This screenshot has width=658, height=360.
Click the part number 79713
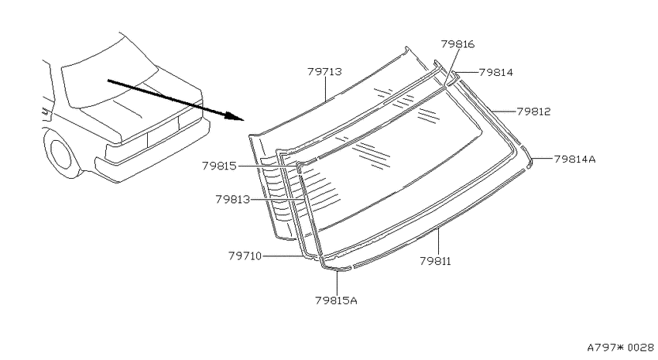(x=324, y=72)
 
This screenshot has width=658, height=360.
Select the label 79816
(x=458, y=44)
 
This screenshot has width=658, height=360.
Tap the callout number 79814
(x=495, y=72)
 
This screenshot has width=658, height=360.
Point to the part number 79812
(x=533, y=111)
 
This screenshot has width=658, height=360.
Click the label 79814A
(x=574, y=159)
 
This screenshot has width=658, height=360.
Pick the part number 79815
(x=219, y=166)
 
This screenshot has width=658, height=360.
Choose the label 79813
(x=232, y=199)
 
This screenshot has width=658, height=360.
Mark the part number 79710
(x=245, y=255)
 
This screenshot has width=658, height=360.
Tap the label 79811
(x=435, y=261)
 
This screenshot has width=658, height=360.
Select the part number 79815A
(x=336, y=300)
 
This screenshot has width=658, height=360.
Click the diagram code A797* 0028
(x=620, y=348)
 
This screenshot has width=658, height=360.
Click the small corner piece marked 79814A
(x=529, y=163)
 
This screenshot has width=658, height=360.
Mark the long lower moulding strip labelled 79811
(x=438, y=218)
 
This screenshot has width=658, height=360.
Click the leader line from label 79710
(x=283, y=255)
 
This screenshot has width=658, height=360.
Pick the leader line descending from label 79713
(x=326, y=89)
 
